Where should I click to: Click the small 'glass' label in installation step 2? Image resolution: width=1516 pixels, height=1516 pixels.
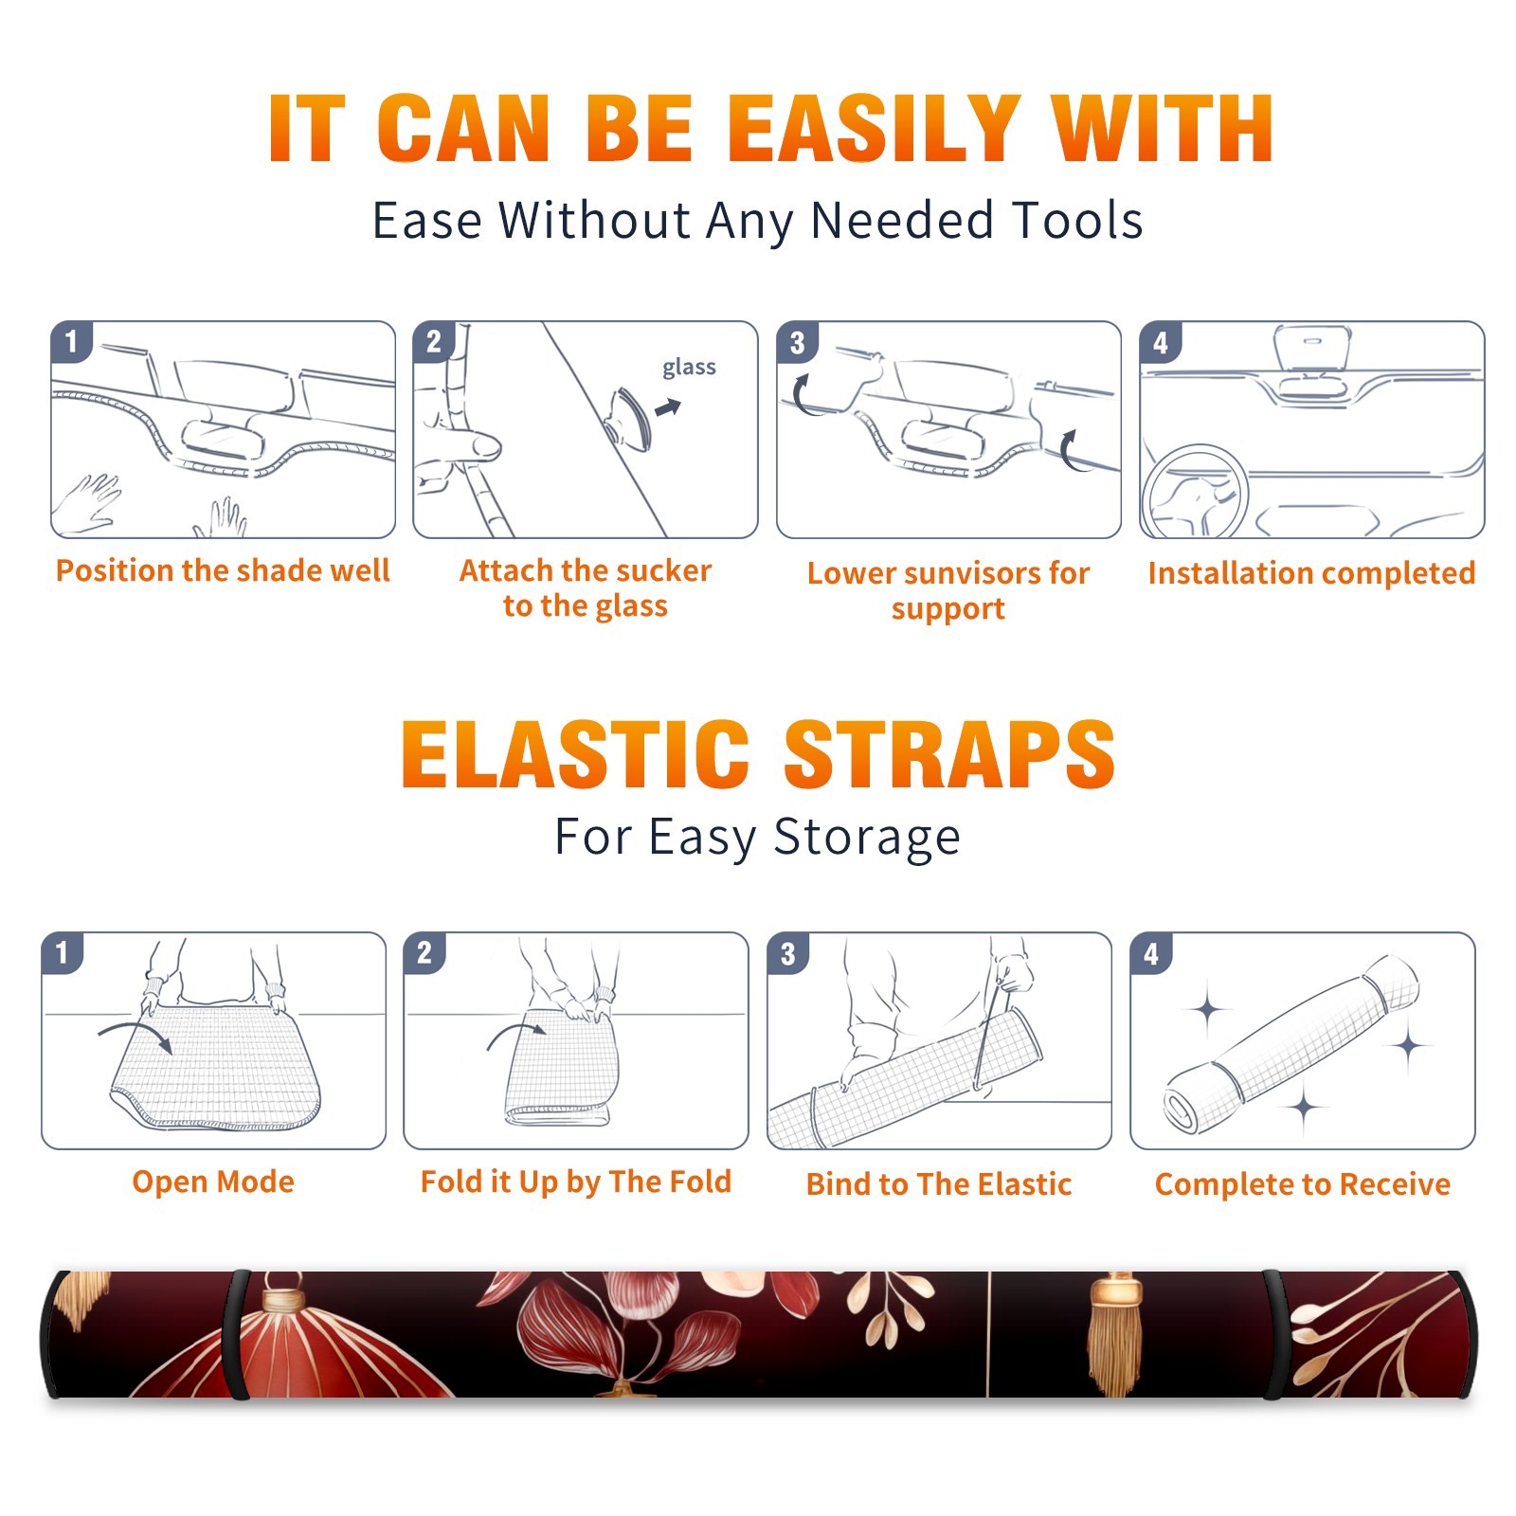click(x=689, y=368)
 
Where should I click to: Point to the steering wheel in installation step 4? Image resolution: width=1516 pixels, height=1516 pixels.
click(x=1195, y=491)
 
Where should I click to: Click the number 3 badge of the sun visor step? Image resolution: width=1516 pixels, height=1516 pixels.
click(x=797, y=342)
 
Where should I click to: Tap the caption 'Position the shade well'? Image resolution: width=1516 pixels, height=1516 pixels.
click(x=223, y=570)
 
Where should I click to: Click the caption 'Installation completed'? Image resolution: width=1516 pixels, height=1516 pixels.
click(x=1311, y=573)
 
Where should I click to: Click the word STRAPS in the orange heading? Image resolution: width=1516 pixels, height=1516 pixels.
click(x=949, y=754)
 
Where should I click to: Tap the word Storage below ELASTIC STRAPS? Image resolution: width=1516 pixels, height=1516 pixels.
click(x=866, y=838)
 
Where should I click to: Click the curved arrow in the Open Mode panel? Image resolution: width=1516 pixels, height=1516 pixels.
click(x=135, y=1034)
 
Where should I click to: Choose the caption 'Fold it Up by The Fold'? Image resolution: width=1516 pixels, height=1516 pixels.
click(x=576, y=1182)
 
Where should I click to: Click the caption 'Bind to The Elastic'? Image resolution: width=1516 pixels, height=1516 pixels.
click(x=939, y=1184)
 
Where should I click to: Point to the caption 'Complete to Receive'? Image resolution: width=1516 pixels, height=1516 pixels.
click(x=1303, y=1184)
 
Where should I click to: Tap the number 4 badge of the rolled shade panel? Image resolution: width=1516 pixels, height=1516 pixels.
click(x=1151, y=953)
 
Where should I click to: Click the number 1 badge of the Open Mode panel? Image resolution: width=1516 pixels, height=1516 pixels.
click(x=63, y=952)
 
